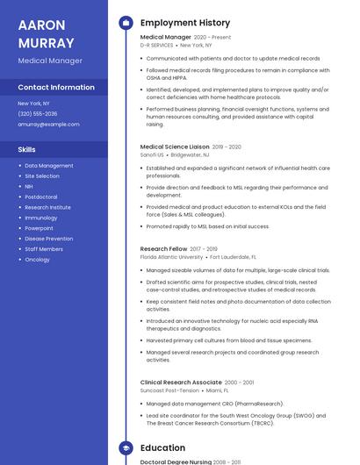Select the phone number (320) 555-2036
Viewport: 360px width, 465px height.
coord(38,113)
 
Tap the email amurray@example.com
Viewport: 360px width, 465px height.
coord(48,124)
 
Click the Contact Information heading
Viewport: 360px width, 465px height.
coord(56,88)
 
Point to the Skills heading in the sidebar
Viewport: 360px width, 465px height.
coord(27,149)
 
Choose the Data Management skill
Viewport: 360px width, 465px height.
coord(49,165)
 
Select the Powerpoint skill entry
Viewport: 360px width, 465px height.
coord(40,228)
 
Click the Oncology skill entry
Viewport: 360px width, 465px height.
coord(38,260)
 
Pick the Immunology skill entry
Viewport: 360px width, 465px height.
coord(41,218)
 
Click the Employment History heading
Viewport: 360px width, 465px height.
coord(185,23)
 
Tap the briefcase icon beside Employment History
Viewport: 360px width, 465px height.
coord(125,23)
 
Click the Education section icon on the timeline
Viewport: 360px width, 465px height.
coord(125,447)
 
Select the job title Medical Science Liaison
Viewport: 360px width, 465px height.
coord(175,147)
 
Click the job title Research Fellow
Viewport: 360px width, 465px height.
coord(163,249)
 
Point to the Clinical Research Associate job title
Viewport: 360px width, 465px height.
coord(181,383)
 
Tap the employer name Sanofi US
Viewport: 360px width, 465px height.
coord(153,154)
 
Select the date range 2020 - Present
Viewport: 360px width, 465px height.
coord(212,38)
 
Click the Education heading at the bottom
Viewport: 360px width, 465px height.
coord(162,447)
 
